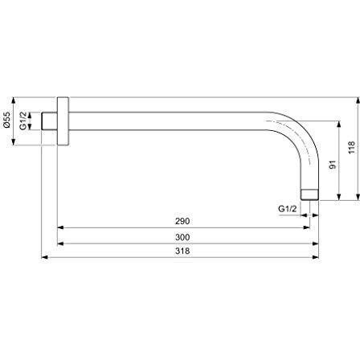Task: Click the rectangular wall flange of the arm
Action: click(x=63, y=121)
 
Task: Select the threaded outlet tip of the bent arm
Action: click(x=312, y=194)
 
